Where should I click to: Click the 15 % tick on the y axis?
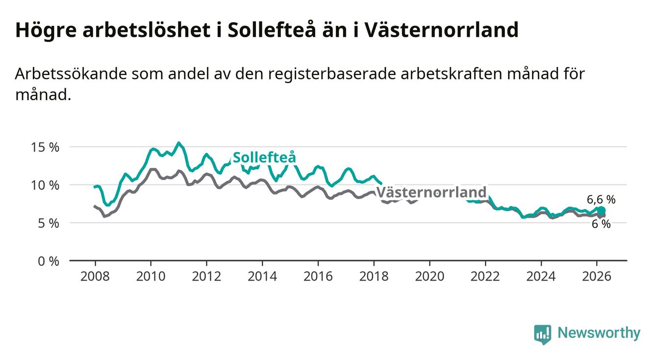[46, 147]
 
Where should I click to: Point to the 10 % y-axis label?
[46, 185]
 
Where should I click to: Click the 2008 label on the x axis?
[95, 276]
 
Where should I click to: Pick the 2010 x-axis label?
[151, 276]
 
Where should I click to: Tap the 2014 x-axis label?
[262, 276]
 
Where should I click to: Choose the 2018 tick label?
[374, 276]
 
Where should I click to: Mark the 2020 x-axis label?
[430, 276]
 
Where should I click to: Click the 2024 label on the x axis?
[541, 276]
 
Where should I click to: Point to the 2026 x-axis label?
[597, 276]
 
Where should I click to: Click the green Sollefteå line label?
[264, 158]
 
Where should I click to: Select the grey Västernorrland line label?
[431, 192]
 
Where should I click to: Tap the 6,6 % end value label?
[601, 200]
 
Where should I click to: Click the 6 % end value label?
[601, 224]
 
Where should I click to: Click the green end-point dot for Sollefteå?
[602, 210]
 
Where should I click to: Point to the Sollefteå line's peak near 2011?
[178, 143]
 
